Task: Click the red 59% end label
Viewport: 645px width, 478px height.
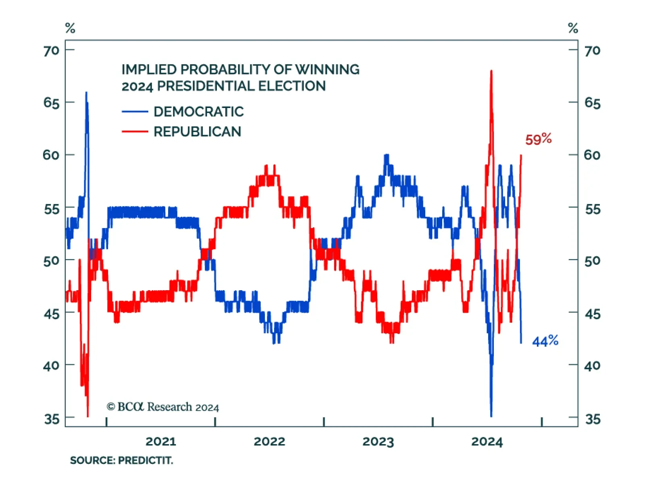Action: click(x=538, y=139)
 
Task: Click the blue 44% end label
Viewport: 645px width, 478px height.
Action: click(x=545, y=341)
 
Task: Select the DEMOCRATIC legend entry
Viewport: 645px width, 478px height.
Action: click(x=198, y=112)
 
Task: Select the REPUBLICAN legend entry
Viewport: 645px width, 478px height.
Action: click(x=197, y=131)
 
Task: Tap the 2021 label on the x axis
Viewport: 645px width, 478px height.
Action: click(x=160, y=442)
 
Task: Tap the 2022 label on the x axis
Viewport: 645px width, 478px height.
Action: click(x=269, y=442)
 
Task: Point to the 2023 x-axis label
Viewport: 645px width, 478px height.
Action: click(x=378, y=442)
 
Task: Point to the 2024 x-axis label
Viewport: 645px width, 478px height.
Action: click(x=487, y=442)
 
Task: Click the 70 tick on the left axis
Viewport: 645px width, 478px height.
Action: click(x=51, y=51)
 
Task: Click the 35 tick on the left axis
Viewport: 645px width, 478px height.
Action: click(x=52, y=419)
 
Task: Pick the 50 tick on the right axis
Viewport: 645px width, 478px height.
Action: click(x=592, y=261)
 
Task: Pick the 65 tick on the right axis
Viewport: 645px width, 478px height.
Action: click(x=592, y=103)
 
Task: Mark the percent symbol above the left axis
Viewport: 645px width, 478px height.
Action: click(x=70, y=28)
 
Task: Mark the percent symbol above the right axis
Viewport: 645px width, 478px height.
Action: click(x=573, y=28)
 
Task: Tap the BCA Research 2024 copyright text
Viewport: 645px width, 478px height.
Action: click(x=163, y=407)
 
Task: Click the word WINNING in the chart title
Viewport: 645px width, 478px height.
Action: click(x=327, y=69)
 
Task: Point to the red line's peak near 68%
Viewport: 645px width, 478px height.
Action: click(x=491, y=71)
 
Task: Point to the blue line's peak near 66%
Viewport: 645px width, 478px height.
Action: click(x=86, y=93)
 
